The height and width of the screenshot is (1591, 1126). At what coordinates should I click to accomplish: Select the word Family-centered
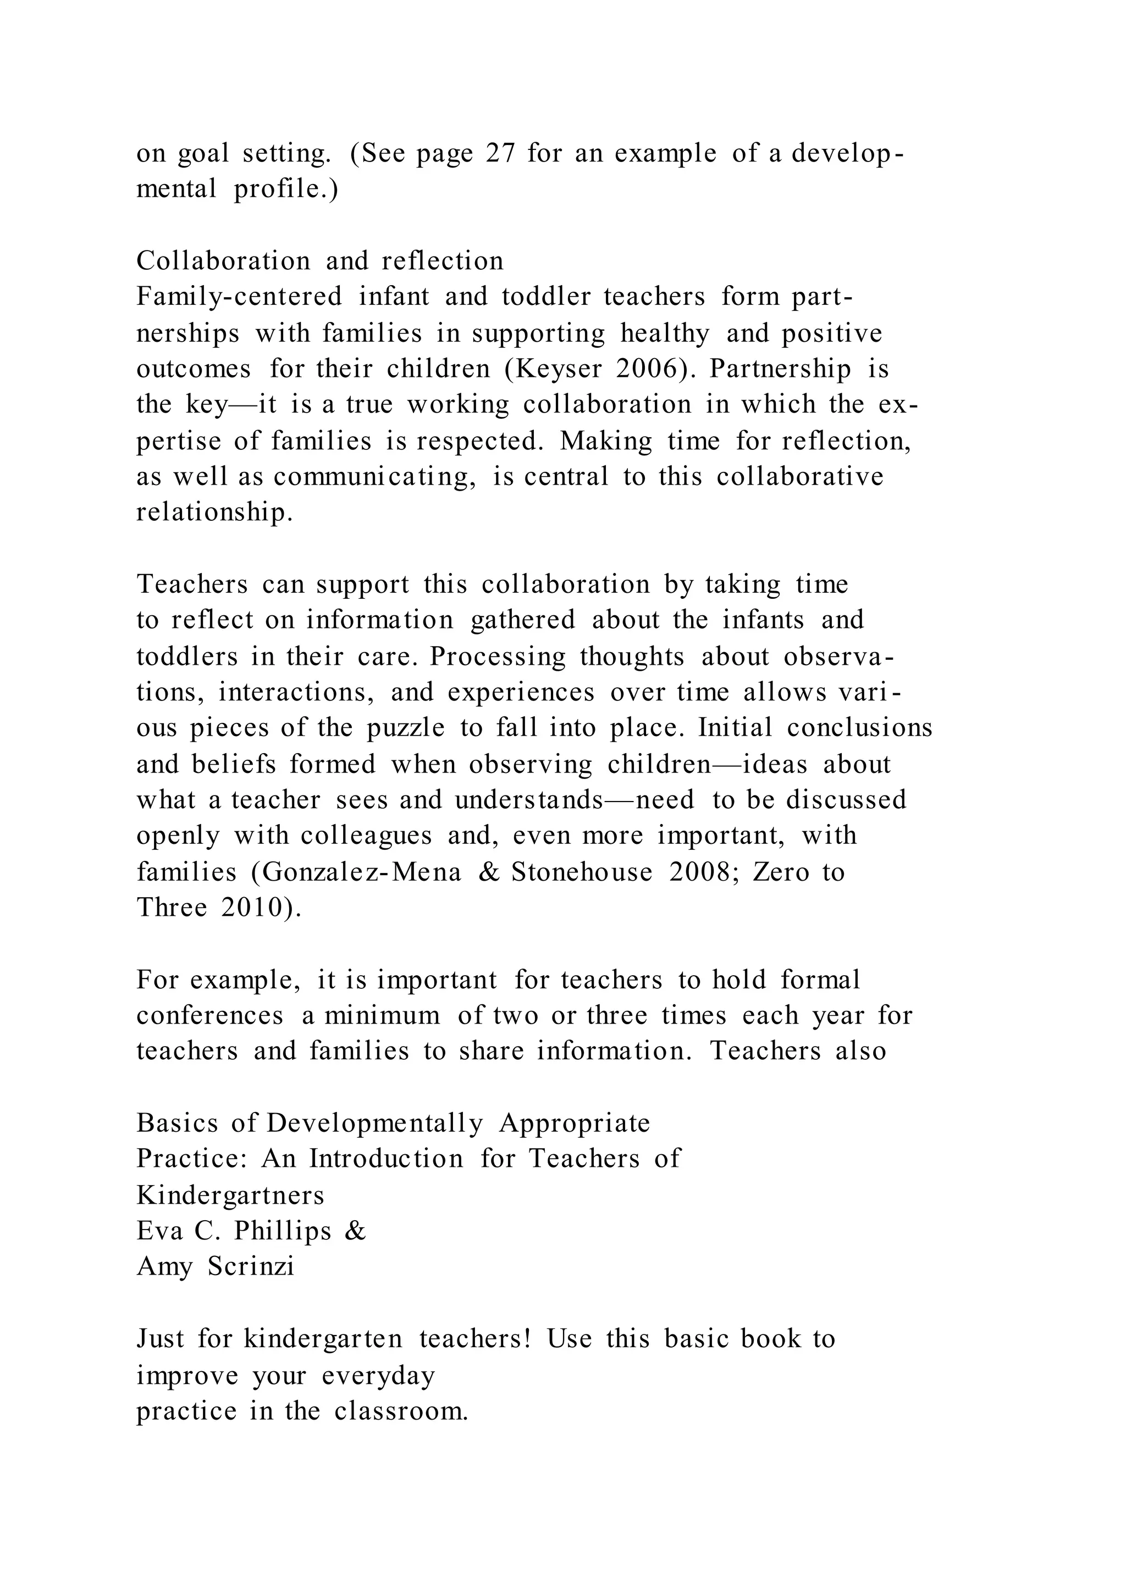(x=239, y=297)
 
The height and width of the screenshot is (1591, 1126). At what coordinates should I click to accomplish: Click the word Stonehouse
(x=582, y=872)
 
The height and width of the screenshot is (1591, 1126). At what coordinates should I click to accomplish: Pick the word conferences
(x=210, y=1016)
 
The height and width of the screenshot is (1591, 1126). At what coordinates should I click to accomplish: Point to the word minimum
(x=382, y=1016)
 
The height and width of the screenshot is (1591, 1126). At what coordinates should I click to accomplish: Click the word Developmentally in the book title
(x=375, y=1123)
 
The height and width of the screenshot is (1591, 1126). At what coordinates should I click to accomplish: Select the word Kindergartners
(x=230, y=1195)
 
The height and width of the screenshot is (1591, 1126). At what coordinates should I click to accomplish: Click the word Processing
(x=498, y=656)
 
